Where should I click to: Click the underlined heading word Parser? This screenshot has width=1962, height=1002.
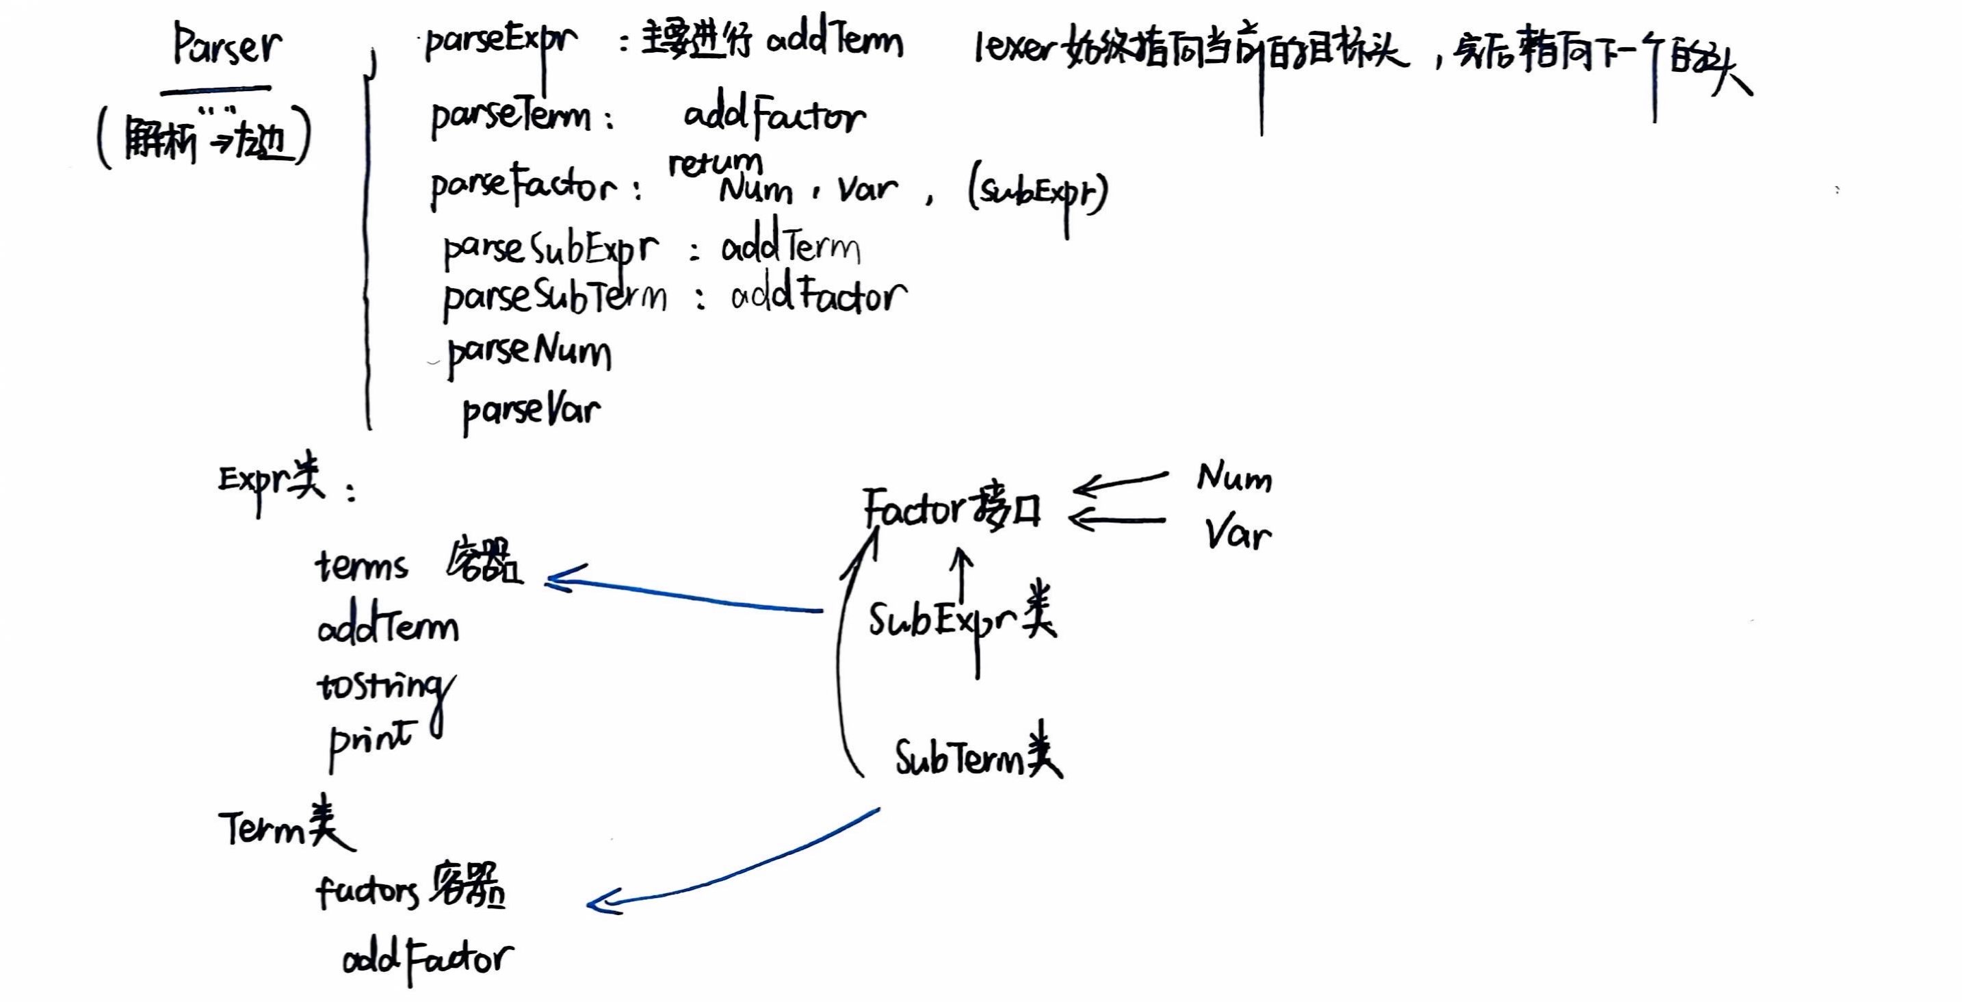pyautogui.click(x=226, y=47)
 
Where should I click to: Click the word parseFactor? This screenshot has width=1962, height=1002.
pyautogui.click(x=524, y=186)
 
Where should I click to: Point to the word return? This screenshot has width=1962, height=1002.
pyautogui.click(x=714, y=162)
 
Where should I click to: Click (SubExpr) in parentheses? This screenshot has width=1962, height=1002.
pyautogui.click(x=1037, y=192)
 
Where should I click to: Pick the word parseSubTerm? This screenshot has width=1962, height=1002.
pyautogui.click(x=555, y=298)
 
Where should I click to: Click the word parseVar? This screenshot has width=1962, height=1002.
pyautogui.click(x=532, y=412)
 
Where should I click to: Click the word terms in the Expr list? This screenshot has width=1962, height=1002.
pyautogui.click(x=362, y=566)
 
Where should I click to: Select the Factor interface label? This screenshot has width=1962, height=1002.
pyautogui.click(x=952, y=509)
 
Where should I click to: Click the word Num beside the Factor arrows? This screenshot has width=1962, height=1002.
pyautogui.click(x=1234, y=478)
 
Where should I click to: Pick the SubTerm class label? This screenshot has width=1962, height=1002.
pyautogui.click(x=977, y=758)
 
